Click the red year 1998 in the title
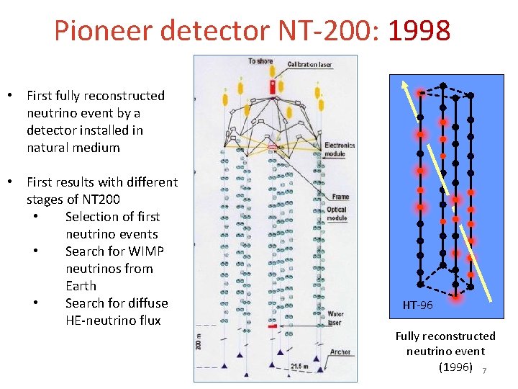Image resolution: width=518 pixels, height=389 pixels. coord(419,30)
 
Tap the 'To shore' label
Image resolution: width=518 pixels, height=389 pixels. coord(261,61)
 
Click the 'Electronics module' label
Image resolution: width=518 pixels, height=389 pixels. coord(340,149)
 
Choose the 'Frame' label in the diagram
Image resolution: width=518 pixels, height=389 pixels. coord(340,196)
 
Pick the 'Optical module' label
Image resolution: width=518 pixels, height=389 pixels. coord(337,214)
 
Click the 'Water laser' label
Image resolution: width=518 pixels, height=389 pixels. coord(335,318)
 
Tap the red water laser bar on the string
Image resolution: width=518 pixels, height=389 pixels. coord(273,326)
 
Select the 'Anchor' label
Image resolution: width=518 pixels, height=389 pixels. coord(340,352)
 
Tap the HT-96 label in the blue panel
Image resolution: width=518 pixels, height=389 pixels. coord(417,305)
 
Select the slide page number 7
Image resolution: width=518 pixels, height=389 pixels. coord(484,370)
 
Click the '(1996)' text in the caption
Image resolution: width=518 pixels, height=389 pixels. coord(455,367)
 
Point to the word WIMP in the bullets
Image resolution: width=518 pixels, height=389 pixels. coord(147,251)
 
